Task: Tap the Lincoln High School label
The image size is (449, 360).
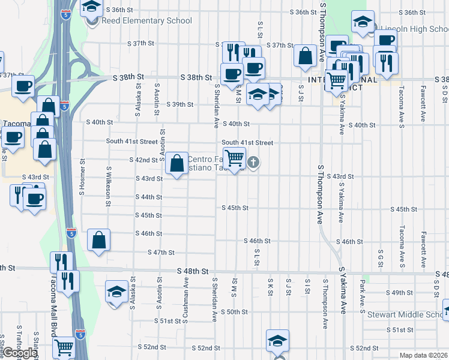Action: pyautogui.click(x=411, y=28)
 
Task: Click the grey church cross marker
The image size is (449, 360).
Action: pyautogui.click(x=254, y=162)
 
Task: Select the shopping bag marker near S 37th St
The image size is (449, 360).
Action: pyautogui.click(x=306, y=56)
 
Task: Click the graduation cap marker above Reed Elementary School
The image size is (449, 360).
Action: pyautogui.click(x=92, y=7)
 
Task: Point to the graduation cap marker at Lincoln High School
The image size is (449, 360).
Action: pyautogui.click(x=363, y=23)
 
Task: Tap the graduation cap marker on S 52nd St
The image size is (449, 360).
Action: pyautogui.click(x=278, y=341)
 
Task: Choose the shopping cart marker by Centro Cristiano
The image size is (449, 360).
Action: pyautogui.click(x=235, y=158)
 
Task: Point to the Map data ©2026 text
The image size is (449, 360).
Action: pyautogui.click(x=424, y=355)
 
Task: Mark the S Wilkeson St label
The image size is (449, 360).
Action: pyautogui.click(x=109, y=186)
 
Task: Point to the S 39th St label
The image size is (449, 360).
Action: pyautogui.click(x=180, y=104)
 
